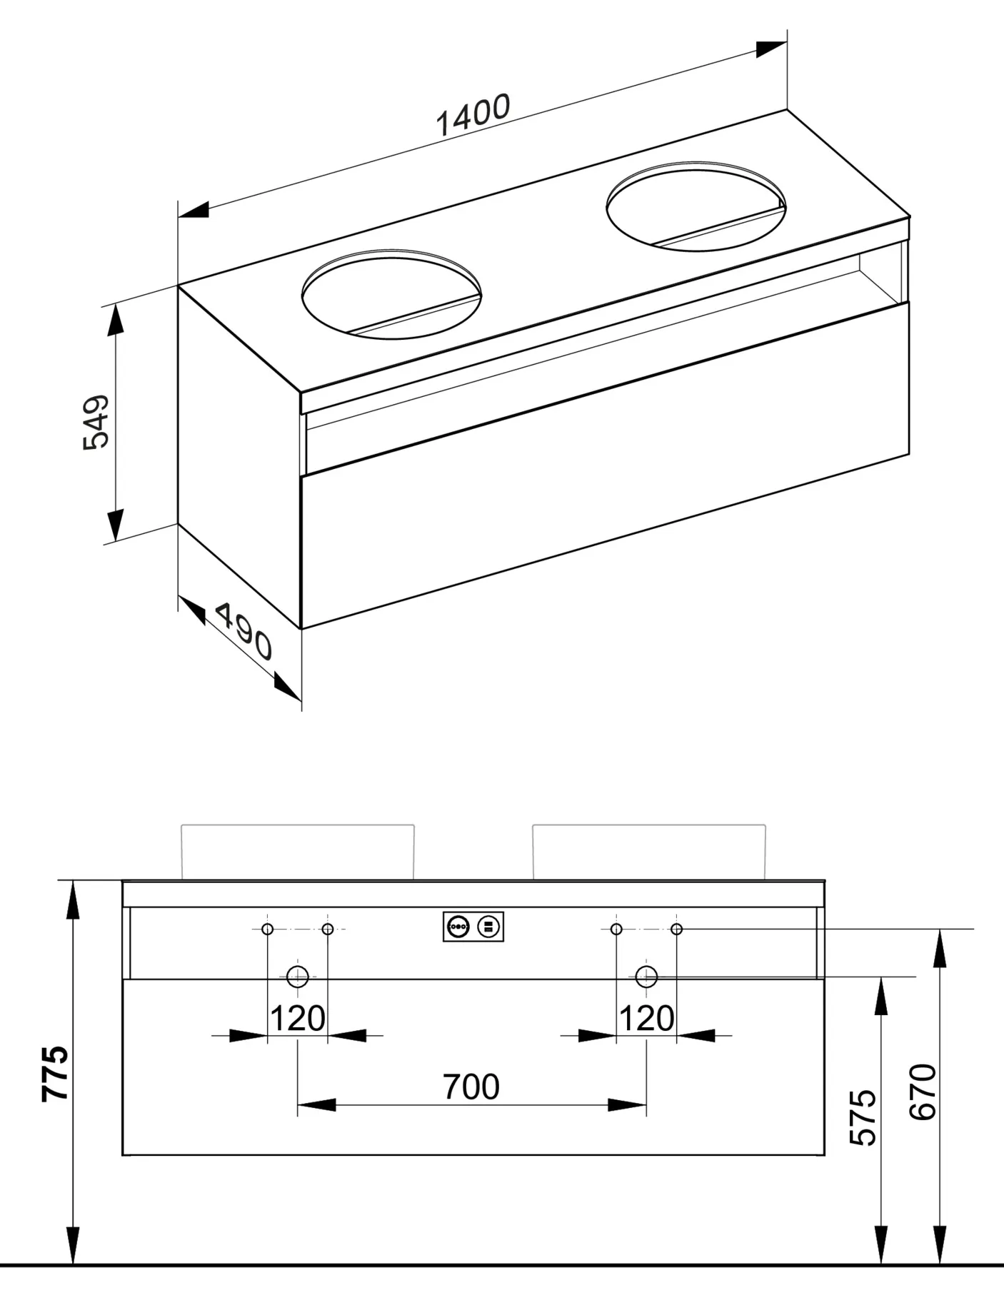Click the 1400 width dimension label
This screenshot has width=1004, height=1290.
coord(473,115)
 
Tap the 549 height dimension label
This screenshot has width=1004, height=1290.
coord(96,421)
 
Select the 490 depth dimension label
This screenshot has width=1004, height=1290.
coord(244,631)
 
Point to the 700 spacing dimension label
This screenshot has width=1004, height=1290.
coord(471,1087)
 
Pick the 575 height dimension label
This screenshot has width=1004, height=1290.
coord(863,1117)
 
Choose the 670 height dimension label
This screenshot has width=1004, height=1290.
coord(923,1092)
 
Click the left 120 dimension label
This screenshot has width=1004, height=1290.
coord(297,1018)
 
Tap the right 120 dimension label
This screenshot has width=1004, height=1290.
coord(646,1018)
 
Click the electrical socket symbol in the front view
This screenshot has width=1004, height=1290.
coord(473,927)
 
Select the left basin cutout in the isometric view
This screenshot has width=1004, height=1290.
coord(391,294)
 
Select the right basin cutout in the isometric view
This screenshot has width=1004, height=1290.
coord(696,206)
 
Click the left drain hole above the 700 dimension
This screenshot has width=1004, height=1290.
coord(297,976)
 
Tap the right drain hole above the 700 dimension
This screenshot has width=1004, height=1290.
coord(646,976)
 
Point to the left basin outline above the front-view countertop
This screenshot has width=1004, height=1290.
coord(298,851)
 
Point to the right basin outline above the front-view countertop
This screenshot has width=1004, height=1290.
coord(649,851)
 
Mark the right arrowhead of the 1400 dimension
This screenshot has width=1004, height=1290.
coord(770,50)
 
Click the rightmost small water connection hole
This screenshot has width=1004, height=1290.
coord(677,929)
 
